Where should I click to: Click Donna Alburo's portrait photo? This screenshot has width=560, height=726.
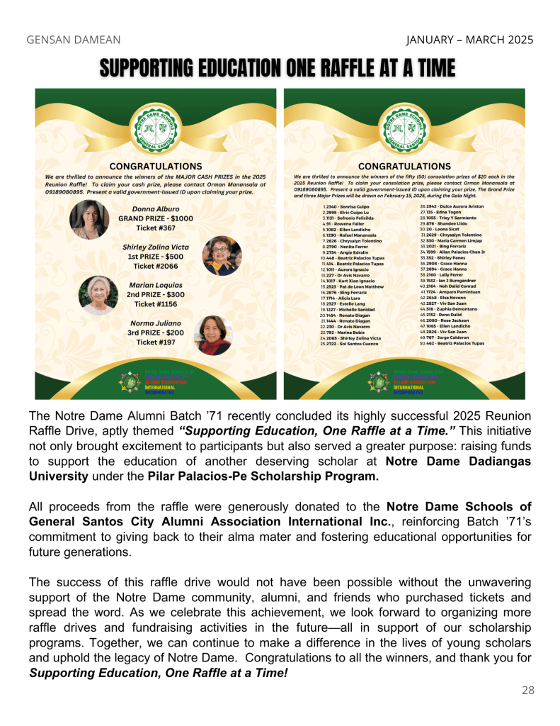[89, 219]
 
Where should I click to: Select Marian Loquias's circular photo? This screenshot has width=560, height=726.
[98, 294]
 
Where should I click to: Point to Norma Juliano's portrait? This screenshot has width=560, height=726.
[213, 335]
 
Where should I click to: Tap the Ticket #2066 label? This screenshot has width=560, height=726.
[155, 266]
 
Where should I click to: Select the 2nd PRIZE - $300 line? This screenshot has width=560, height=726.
[155, 294]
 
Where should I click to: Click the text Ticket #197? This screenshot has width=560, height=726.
[155, 342]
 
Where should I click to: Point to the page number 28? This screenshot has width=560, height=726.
[528, 689]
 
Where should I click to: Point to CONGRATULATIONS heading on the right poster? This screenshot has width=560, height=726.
[404, 167]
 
